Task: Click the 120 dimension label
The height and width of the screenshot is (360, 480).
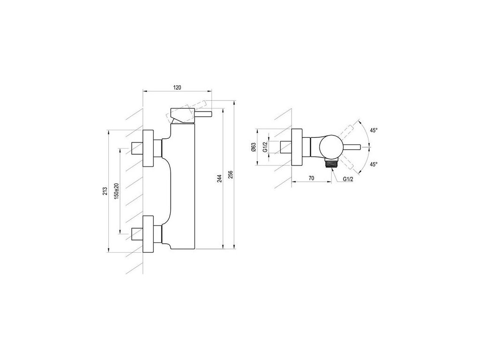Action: [x=177, y=88]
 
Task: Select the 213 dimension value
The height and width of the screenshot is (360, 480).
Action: [x=105, y=191]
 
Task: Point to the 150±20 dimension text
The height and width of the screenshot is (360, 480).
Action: [x=116, y=191]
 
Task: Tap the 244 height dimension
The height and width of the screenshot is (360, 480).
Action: [x=219, y=179]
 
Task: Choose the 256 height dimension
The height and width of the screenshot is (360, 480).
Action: [x=231, y=174]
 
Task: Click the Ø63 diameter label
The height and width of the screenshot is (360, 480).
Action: [x=254, y=147]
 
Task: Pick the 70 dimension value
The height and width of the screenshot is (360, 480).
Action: [x=311, y=178]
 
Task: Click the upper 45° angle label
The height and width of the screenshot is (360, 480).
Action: [x=374, y=130]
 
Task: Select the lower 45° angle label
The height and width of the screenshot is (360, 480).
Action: [x=374, y=165]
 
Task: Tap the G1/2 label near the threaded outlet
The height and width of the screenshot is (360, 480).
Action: [x=348, y=180]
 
